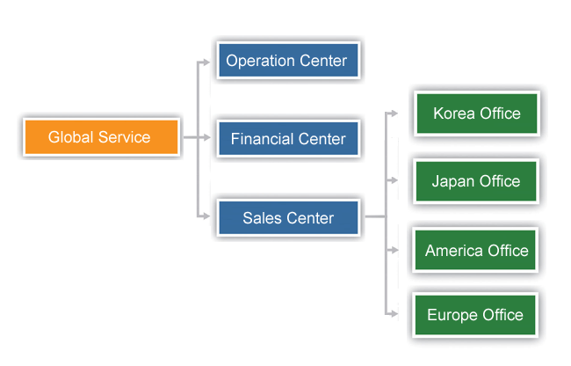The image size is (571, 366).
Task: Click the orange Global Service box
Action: (x=101, y=137)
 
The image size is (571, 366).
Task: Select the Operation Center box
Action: (x=288, y=60)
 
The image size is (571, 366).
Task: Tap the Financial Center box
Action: (x=288, y=138)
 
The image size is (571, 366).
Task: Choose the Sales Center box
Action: (x=288, y=217)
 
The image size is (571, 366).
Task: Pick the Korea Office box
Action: (x=477, y=113)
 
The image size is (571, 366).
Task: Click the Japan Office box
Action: (x=476, y=181)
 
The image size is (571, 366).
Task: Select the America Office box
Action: (x=475, y=250)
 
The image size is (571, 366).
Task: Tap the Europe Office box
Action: (x=475, y=315)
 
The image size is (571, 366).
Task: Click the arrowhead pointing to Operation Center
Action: (x=206, y=62)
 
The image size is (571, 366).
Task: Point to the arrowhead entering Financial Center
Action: (x=206, y=137)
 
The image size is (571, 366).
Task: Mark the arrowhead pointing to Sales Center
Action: (x=206, y=216)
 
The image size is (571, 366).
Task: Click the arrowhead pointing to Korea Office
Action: (x=394, y=113)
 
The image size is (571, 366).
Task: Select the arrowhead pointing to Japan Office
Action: (x=394, y=180)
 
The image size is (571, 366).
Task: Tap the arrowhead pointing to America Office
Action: (x=394, y=250)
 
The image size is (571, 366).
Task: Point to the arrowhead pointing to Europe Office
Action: (x=394, y=313)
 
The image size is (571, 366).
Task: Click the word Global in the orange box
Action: (x=70, y=137)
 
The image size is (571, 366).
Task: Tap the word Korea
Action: (x=454, y=113)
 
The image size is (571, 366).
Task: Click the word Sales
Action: (x=262, y=218)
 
